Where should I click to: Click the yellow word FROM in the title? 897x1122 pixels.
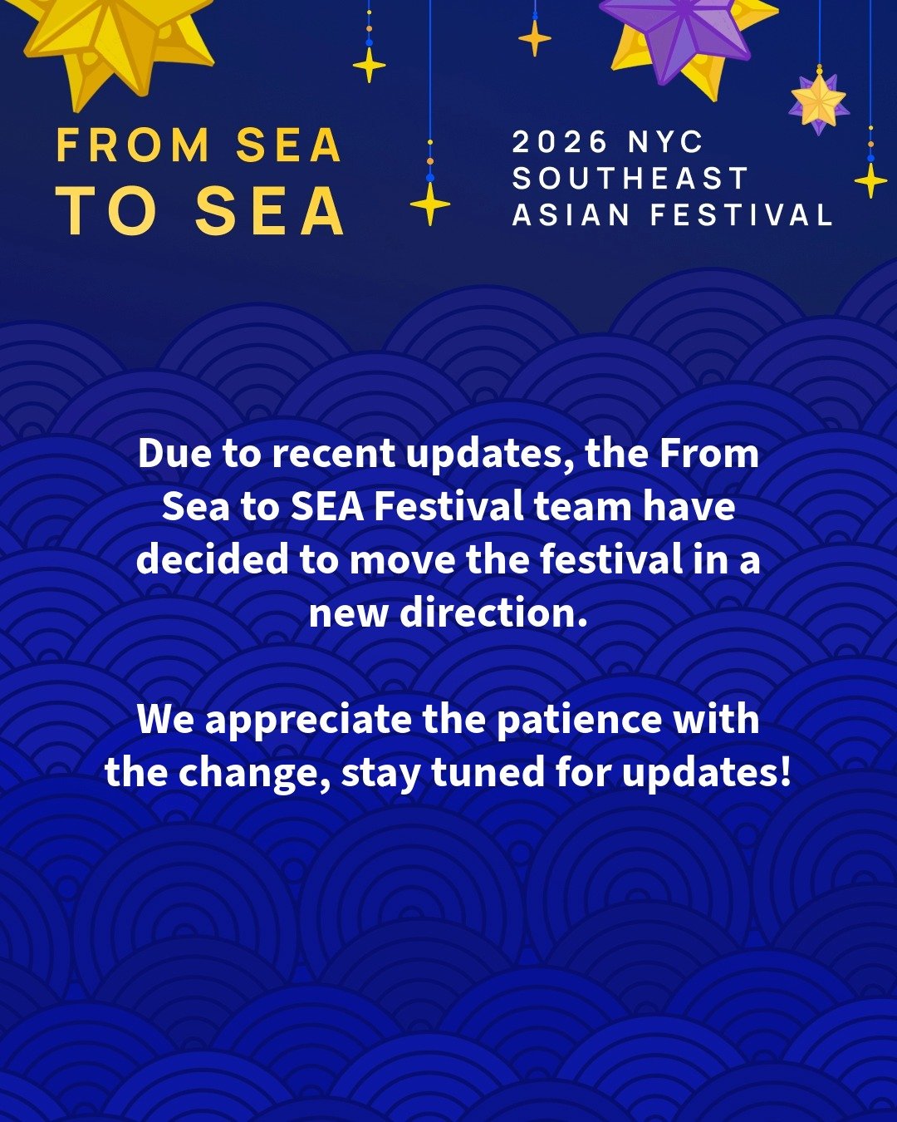(133, 145)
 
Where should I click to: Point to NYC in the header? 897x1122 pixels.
(665, 142)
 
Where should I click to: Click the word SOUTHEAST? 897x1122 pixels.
(631, 179)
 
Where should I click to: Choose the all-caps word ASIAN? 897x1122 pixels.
(571, 215)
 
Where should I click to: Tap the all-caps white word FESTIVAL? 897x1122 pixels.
(742, 215)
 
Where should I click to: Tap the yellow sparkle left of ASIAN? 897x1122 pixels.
(430, 204)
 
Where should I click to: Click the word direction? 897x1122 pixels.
(493, 613)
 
